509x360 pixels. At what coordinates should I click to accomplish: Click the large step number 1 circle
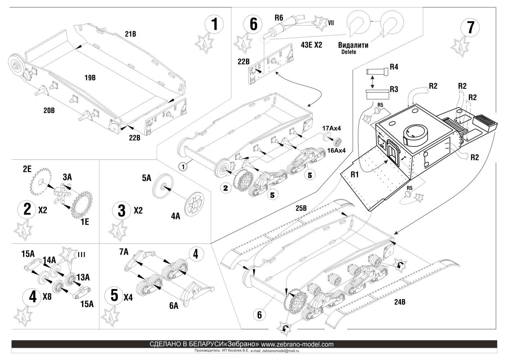[214, 25]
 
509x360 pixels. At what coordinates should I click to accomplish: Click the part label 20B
[49, 111]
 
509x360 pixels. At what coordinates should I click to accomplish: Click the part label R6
[279, 17]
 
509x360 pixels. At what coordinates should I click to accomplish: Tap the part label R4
[396, 67]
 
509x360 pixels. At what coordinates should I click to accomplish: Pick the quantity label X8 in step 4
[48, 296]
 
